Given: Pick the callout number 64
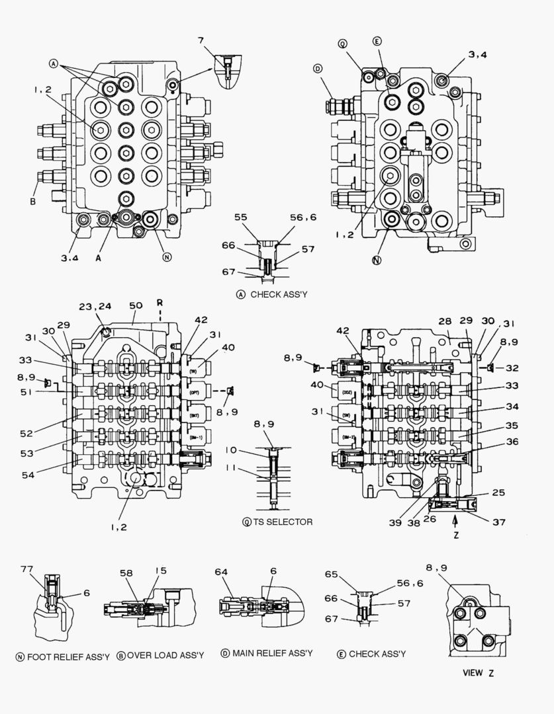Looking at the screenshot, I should tap(221, 572).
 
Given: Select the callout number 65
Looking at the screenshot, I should tap(331, 575).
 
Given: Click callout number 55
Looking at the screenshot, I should tap(240, 218).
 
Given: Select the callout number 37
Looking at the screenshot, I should tap(498, 522).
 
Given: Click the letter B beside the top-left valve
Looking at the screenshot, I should tap(32, 202).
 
